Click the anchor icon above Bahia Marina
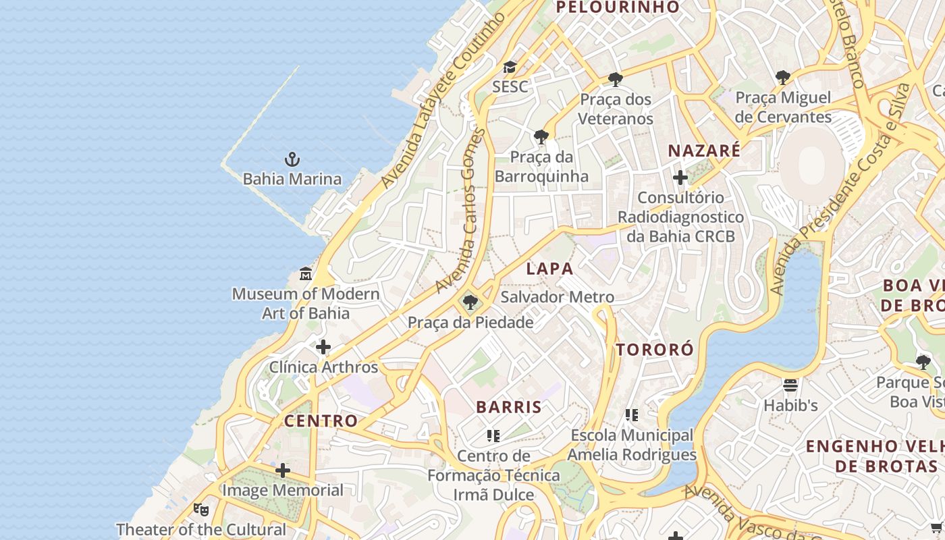tap(292, 160)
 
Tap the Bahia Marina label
tap(292, 179)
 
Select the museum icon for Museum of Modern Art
tap(306, 274)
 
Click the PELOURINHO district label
tap(617, 7)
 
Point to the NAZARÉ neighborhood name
tap(704, 151)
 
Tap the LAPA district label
tap(549, 269)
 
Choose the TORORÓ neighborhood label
tap(654, 350)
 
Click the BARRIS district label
tap(509, 407)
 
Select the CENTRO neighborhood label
tap(321, 421)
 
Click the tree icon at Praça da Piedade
tap(470, 302)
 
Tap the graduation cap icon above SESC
tap(510, 67)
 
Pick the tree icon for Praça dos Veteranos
tap(615, 79)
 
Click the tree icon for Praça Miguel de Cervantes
tap(783, 78)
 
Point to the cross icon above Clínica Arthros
tap(323, 347)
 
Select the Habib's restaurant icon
tap(790, 385)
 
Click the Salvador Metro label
tap(557, 297)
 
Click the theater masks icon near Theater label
tap(200, 509)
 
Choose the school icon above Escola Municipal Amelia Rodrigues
tap(631, 414)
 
